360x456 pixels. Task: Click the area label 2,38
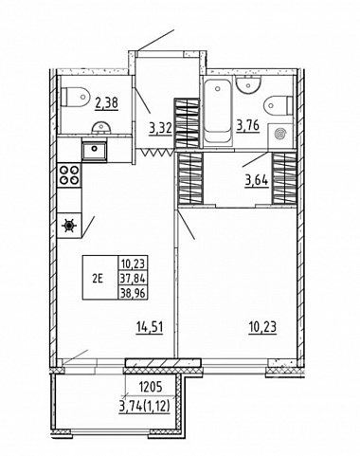[107, 102]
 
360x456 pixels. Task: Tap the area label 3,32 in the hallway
[160, 128]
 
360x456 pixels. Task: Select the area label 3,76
[248, 126]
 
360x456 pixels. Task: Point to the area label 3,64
[257, 181]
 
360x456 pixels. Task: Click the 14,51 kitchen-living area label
[150, 327]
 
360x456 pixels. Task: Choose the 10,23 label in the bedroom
[262, 327]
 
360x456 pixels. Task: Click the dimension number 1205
[151, 386]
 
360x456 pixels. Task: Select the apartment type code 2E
[98, 279]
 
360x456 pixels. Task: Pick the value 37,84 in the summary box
[133, 279]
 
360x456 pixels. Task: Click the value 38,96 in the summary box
[133, 294]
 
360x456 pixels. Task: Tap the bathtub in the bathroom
[217, 112]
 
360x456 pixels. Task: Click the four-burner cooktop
[70, 174]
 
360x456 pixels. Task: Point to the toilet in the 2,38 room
[77, 97]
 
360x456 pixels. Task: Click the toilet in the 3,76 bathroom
[279, 105]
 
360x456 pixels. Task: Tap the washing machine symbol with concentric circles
[280, 135]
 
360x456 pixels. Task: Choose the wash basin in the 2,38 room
[101, 128]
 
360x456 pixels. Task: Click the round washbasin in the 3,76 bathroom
[249, 84]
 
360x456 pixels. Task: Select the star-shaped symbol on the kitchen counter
[69, 226]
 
